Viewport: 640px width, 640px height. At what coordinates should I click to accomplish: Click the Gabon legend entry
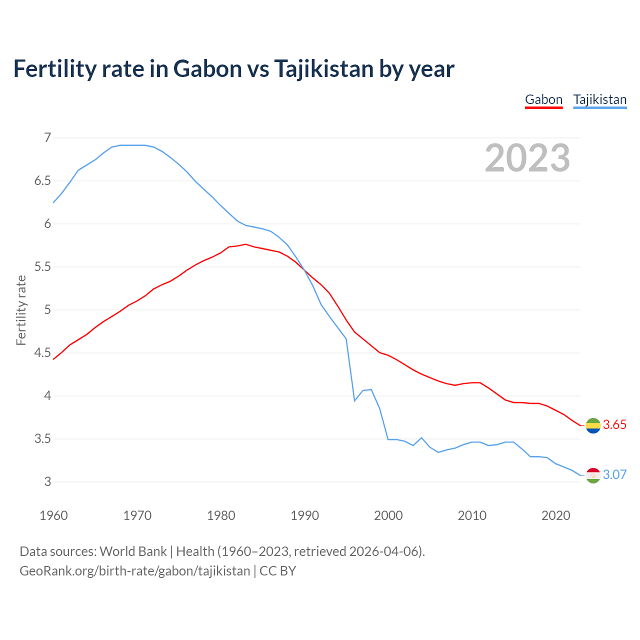point(543,99)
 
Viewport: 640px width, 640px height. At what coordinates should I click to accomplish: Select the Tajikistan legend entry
point(599,99)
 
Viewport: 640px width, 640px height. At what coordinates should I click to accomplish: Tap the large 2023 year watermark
point(527,158)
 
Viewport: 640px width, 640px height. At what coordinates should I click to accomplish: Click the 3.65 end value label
point(614,424)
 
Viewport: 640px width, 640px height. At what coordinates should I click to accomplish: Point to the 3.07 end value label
point(614,474)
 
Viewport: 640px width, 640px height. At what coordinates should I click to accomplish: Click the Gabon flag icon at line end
point(593,425)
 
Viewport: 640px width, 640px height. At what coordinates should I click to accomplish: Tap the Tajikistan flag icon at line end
point(593,475)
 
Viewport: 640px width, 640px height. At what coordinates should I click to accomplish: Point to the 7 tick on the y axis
point(47,137)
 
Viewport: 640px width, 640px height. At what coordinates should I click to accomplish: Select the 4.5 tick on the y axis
point(43,353)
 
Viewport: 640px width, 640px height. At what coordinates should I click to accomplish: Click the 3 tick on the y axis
point(47,482)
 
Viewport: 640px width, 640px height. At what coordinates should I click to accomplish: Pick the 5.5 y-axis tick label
point(43,266)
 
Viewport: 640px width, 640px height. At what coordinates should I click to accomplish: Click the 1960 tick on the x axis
point(53,515)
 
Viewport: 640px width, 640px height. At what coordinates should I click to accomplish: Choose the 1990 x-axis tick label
point(304,515)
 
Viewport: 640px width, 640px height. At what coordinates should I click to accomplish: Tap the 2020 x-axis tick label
point(555,515)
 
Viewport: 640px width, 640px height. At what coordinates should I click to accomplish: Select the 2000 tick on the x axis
point(388,515)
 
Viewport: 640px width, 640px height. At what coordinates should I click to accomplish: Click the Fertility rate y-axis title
point(21,310)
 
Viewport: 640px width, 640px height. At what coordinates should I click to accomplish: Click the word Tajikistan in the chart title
point(323,68)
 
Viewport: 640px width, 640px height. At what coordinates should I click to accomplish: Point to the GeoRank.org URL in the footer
point(134,571)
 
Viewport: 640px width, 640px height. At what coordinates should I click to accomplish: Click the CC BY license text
point(278,571)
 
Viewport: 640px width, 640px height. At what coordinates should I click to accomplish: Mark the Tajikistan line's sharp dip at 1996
point(354,400)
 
